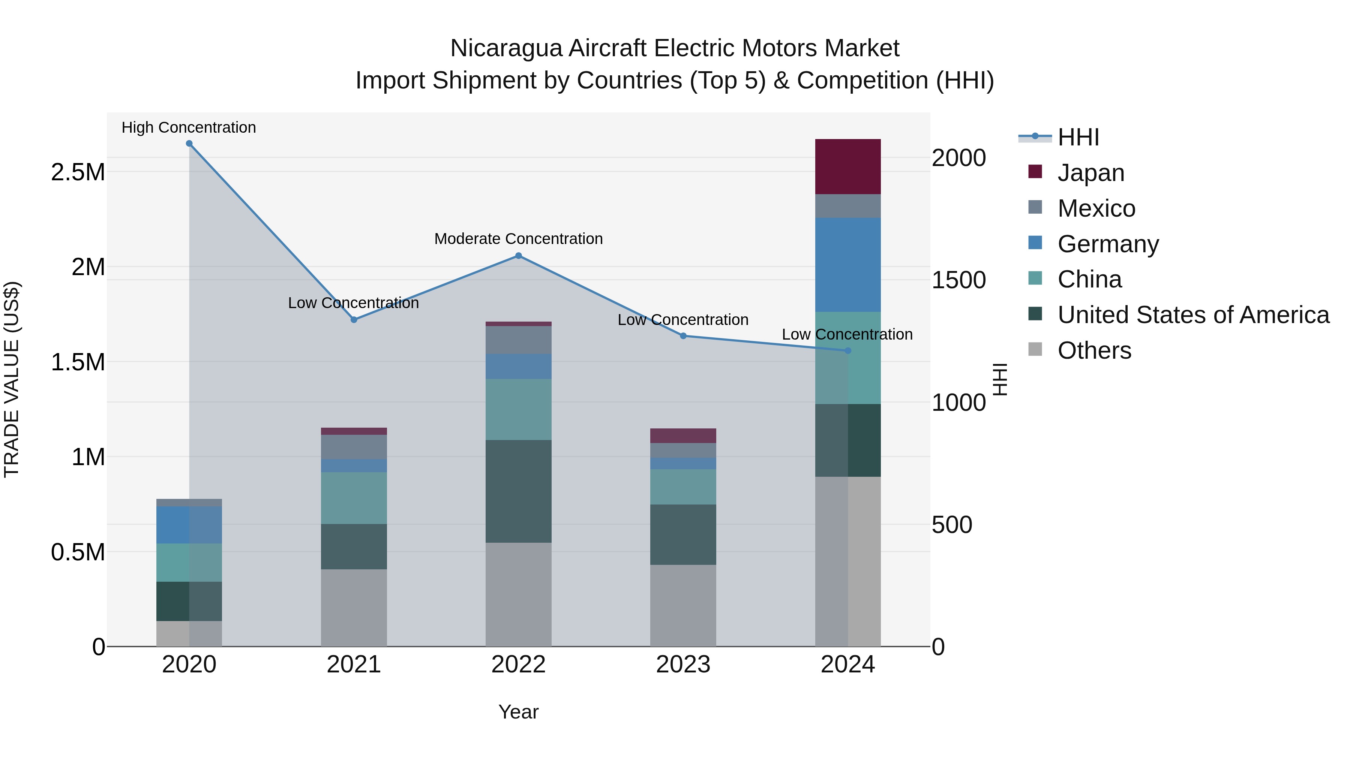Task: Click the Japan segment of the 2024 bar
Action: (847, 166)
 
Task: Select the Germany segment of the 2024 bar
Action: (847, 265)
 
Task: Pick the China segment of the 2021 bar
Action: (354, 498)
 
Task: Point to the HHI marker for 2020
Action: (189, 144)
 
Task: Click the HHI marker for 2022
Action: (518, 256)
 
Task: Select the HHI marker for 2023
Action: (683, 336)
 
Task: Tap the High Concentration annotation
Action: (189, 127)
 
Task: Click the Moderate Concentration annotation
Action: (518, 239)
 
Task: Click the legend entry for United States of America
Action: (1193, 315)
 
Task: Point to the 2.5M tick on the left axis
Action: (78, 172)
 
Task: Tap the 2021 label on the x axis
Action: (354, 665)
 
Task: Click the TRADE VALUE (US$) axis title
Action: (12, 379)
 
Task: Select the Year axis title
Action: (518, 712)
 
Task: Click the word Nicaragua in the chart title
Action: (506, 48)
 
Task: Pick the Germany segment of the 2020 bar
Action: (189, 525)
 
